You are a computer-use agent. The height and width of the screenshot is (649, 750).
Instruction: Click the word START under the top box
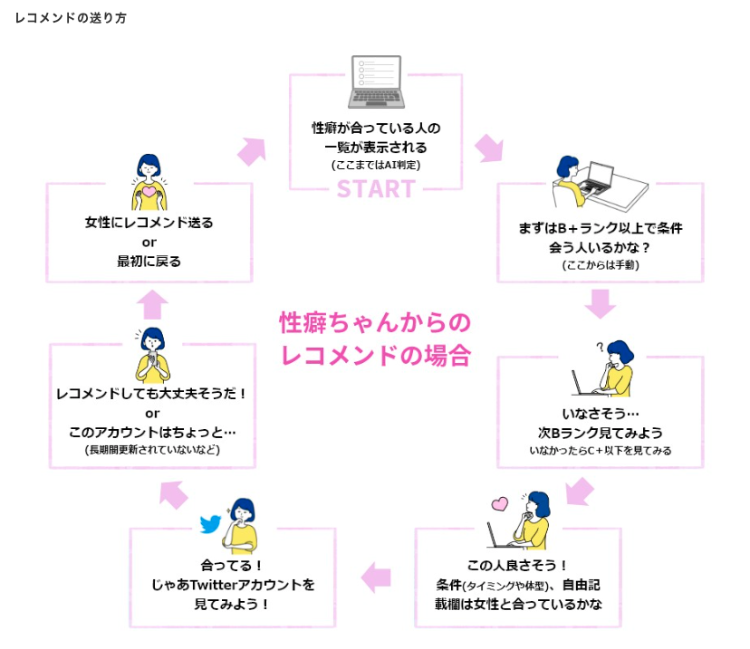click(375, 188)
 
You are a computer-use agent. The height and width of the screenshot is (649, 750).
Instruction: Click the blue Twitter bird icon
click(212, 524)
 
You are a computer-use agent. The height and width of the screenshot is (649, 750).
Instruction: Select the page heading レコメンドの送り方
click(71, 18)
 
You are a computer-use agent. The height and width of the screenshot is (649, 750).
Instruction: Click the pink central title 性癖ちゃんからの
click(375, 322)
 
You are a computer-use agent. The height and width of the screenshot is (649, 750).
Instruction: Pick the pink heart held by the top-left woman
click(149, 193)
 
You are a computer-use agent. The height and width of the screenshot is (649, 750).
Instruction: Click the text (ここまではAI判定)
click(375, 166)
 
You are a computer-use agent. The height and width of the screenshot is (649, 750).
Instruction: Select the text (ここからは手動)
click(600, 265)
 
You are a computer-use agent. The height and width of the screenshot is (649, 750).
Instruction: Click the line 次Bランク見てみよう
click(600, 432)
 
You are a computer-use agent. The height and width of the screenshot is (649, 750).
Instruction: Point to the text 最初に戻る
click(149, 262)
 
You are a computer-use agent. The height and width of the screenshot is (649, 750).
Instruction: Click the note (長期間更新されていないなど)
click(152, 450)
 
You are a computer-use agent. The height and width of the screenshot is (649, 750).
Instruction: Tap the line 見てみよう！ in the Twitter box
click(232, 605)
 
